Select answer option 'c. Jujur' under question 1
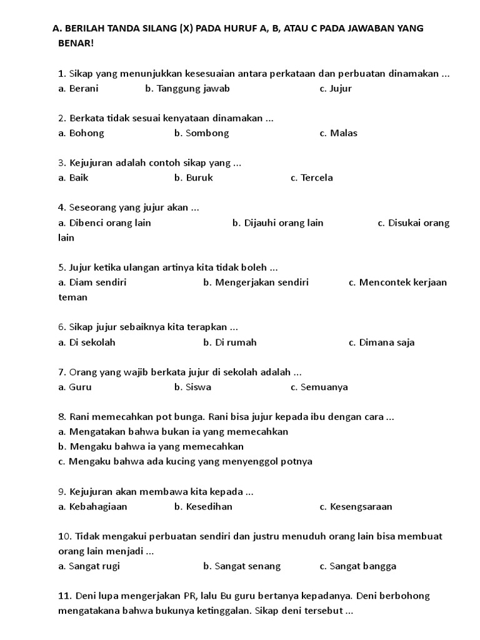click(336, 89)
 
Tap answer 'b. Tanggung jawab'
click(187, 89)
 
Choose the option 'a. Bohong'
click(81, 133)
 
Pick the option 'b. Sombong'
click(202, 133)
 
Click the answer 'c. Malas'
click(339, 133)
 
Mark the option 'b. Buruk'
click(194, 177)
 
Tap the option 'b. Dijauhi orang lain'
click(278, 223)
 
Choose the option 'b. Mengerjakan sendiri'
click(256, 282)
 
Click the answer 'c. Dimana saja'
click(382, 342)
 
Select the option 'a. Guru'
click(75, 387)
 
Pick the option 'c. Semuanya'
click(319, 387)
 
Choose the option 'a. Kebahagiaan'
click(93, 507)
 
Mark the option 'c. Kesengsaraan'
click(356, 507)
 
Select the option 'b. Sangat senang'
click(242, 566)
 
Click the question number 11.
click(65, 596)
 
